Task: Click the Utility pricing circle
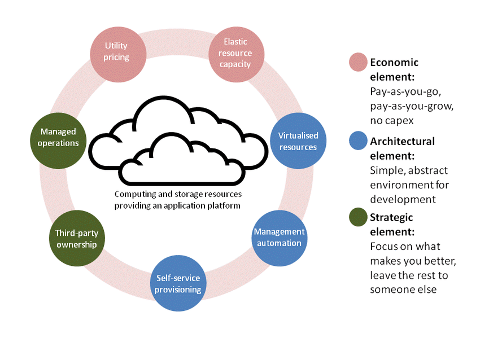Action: pos(118,54)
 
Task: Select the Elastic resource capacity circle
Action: pos(236,54)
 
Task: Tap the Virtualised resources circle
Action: pos(298,141)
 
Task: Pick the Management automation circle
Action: pos(280,238)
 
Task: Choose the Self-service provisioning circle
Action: pos(178,283)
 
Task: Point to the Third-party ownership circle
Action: pos(77,238)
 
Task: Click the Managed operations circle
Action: pos(58,141)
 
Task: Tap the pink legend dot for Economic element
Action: pos(358,62)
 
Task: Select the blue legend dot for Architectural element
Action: pos(358,141)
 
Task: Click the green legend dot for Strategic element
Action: pos(358,217)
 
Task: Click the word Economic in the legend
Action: pos(394,63)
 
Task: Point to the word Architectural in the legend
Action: pos(402,141)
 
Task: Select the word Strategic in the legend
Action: pos(391,217)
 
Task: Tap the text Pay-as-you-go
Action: pos(405,92)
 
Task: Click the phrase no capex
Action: pos(392,121)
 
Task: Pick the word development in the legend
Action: pos(403,199)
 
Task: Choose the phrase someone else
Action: pos(403,289)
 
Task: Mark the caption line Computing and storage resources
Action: pos(178,194)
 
